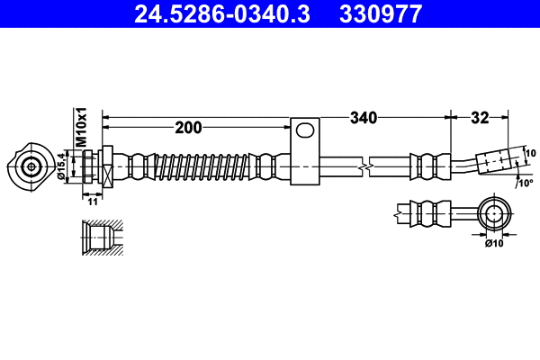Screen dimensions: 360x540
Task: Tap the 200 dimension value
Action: (x=188, y=128)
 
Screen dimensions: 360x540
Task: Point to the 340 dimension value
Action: (x=363, y=117)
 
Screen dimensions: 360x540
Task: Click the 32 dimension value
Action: (x=480, y=117)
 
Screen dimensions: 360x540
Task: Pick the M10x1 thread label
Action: (x=80, y=127)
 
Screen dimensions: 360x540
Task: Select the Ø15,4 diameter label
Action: (x=62, y=166)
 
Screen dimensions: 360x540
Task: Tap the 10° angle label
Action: (x=526, y=183)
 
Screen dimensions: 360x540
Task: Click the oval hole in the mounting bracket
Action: (x=306, y=130)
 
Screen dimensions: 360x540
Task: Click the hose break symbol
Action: (x=364, y=166)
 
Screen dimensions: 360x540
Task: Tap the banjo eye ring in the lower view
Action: (x=493, y=213)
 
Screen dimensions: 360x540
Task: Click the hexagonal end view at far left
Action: (x=31, y=166)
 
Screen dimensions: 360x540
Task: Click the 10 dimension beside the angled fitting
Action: (x=530, y=153)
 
